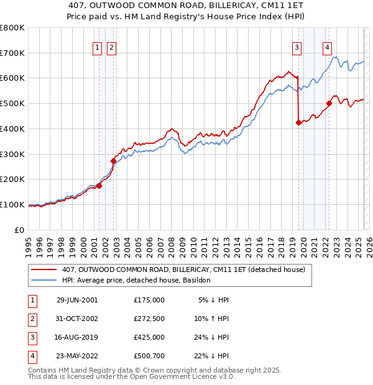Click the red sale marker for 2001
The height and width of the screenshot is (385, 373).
(x=99, y=186)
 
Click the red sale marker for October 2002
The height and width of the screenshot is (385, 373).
(x=113, y=161)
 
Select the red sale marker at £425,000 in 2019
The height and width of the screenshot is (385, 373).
(x=298, y=122)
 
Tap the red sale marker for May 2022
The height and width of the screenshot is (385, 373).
(x=329, y=103)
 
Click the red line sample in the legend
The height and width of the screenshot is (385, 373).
(x=44, y=270)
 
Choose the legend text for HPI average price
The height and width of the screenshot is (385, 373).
(x=136, y=281)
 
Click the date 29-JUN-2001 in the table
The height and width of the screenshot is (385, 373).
(x=77, y=300)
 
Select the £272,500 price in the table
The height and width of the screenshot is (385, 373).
(x=149, y=319)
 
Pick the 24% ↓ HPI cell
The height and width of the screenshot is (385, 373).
(x=211, y=337)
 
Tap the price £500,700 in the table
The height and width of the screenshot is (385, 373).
(x=149, y=356)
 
